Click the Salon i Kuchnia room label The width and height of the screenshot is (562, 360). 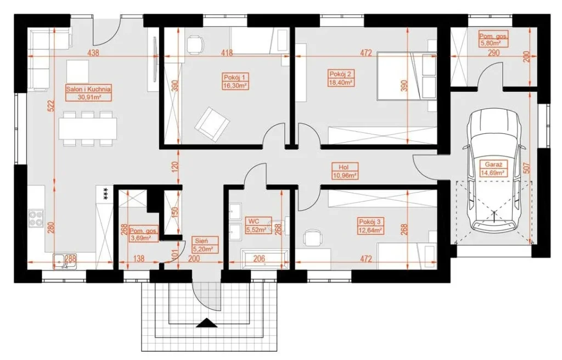coord(88,88)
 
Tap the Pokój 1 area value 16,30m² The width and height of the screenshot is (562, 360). coord(235,86)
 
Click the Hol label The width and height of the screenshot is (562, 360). coord(344,167)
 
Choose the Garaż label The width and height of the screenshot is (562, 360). coord(493,165)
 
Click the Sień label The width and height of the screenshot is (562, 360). coord(202,240)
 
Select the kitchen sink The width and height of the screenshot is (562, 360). coord(65,261)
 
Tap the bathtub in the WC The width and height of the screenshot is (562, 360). coord(265,259)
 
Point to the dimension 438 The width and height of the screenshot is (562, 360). coord(93,53)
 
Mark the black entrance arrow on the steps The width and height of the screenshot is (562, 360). coord(207,323)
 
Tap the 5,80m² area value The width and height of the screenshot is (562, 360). coord(490,43)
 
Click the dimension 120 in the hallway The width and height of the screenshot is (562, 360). coord(174,167)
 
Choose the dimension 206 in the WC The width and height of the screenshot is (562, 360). coord(259,258)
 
